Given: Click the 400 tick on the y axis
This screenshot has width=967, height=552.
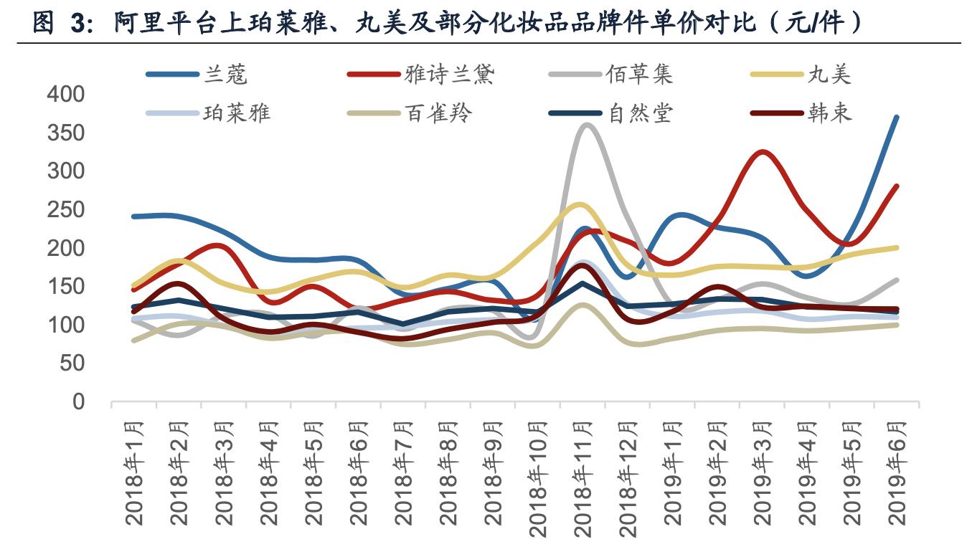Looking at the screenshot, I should point(65,95).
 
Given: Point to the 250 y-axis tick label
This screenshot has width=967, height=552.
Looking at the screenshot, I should point(65,210).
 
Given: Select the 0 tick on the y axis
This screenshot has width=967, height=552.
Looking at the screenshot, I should point(78,402).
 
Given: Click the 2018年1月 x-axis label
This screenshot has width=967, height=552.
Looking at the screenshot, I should point(135,473).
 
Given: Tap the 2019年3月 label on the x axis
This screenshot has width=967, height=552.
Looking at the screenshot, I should point(763,473).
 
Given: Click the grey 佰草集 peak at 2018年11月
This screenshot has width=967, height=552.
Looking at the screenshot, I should point(587,125).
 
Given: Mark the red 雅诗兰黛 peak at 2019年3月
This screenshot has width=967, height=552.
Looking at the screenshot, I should point(763,152).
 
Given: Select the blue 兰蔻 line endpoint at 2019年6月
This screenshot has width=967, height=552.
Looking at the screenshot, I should point(897,117).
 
